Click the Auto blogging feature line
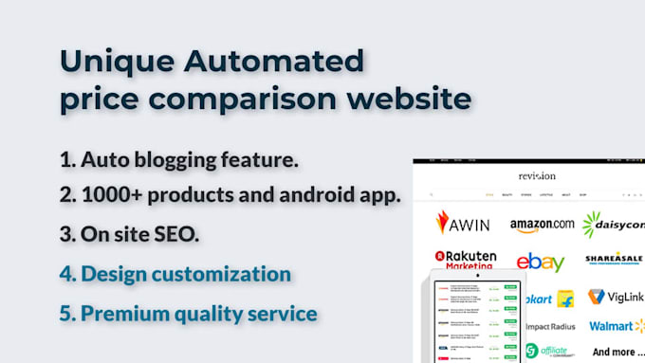point(178,159)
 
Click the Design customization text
point(175,274)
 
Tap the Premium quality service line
point(187,312)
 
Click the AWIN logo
point(463,223)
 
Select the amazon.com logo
point(542,225)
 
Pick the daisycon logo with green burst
point(614,225)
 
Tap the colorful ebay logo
point(541,262)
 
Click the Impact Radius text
point(550,327)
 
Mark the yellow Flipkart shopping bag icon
point(565,299)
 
